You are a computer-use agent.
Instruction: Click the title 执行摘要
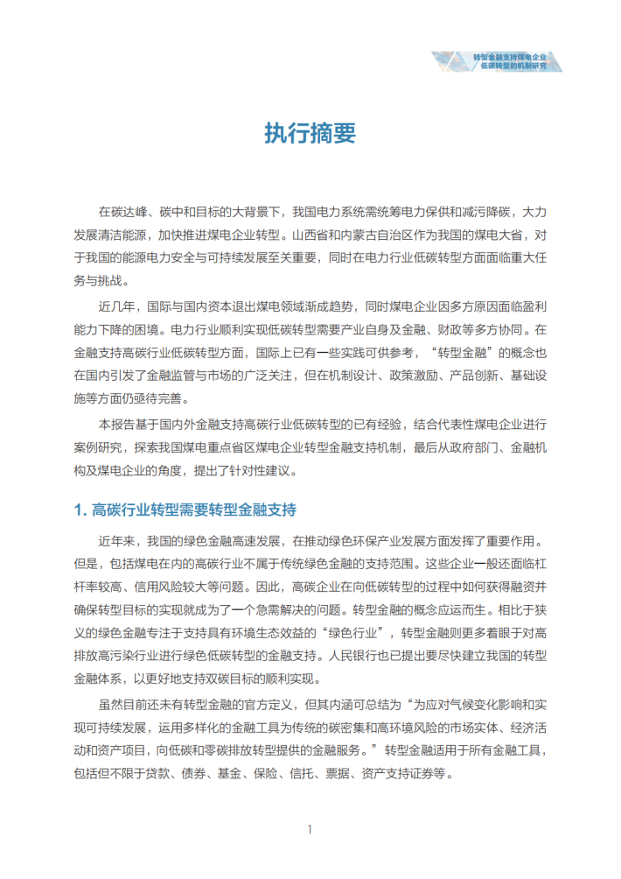click(x=310, y=133)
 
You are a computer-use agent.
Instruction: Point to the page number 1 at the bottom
click(x=310, y=828)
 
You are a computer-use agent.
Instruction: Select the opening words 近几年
click(x=117, y=306)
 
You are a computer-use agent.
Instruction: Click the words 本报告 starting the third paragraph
click(x=117, y=425)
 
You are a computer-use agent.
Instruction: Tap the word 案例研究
click(x=101, y=447)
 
